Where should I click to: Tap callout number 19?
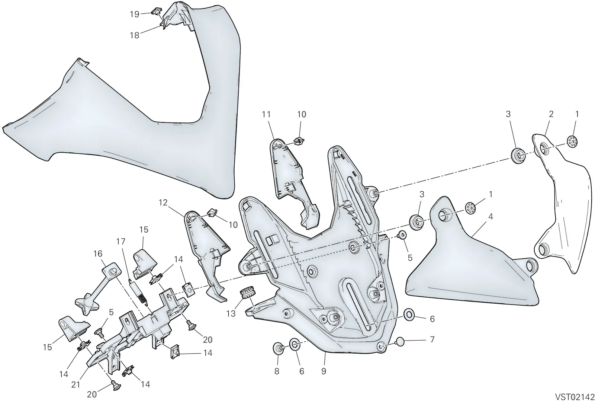(135, 14)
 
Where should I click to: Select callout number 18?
(135, 35)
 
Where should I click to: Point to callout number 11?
(266, 114)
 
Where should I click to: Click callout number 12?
(163, 202)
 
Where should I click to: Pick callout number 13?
(231, 314)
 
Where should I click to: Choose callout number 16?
(98, 253)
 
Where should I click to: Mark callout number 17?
(120, 242)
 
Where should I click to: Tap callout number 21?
(76, 385)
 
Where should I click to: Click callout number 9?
(324, 371)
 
